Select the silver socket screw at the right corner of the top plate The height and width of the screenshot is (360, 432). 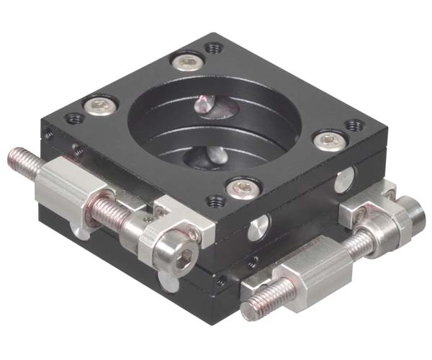point(327,139)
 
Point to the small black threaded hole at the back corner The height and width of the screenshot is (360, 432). point(212,49)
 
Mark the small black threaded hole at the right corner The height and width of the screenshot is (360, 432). point(353,125)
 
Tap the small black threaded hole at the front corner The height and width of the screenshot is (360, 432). point(214,202)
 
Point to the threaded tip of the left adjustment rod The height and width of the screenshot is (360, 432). point(20,159)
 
